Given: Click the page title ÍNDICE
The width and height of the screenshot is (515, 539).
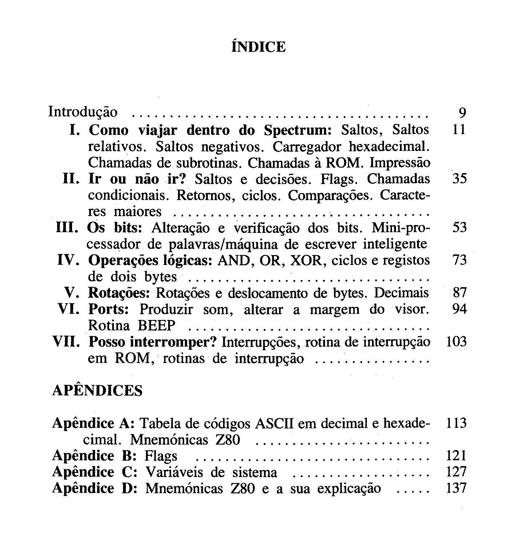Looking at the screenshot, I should click(258, 47).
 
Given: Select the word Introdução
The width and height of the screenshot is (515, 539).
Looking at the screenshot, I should click(83, 112).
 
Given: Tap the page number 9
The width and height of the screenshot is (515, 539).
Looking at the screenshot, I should click(462, 113).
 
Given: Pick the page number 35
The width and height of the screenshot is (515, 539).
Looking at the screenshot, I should click(459, 179).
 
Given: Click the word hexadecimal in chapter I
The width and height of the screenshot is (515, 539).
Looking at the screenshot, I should click(387, 147).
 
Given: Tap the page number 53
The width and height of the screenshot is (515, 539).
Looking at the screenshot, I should click(459, 228).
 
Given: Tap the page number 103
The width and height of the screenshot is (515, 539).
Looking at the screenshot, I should click(456, 342).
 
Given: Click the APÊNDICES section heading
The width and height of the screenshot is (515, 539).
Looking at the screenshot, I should click(98, 390).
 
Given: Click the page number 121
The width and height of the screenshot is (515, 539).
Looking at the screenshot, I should click(456, 456).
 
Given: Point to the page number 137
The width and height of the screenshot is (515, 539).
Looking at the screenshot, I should click(456, 488).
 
